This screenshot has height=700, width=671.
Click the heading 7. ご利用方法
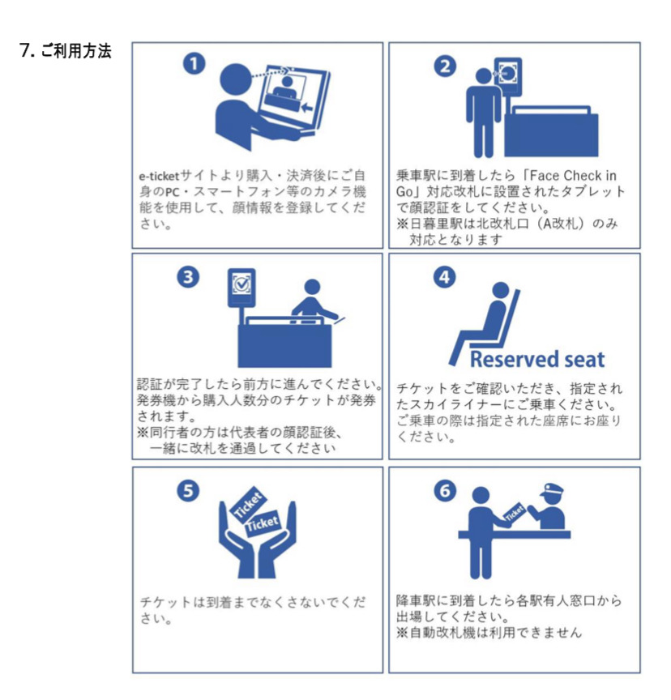65,50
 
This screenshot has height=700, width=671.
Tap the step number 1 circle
194,64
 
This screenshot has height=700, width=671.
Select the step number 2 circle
445,66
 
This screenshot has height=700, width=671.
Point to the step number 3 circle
188,277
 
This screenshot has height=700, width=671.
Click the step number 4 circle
445,277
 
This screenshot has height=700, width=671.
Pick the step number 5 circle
188,491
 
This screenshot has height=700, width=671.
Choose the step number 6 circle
445,491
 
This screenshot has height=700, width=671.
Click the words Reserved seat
537,360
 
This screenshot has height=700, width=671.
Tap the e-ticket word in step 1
159,176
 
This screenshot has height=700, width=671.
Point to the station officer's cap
551,490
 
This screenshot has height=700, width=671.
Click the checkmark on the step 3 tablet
242,283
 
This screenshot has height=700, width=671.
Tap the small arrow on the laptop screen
306,108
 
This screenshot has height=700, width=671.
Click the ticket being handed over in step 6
515,511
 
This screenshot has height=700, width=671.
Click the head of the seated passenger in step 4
501,290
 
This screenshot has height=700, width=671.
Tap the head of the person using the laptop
236,80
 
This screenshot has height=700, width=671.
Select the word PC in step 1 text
173,192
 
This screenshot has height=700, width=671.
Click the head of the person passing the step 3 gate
312,287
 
